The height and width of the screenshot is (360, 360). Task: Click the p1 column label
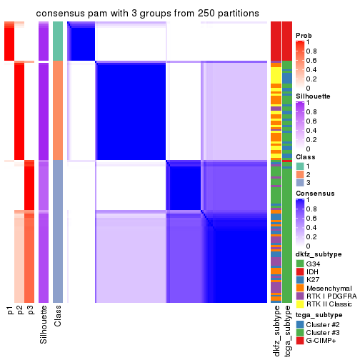click(10, 312)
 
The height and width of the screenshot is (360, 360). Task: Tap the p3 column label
click(30, 312)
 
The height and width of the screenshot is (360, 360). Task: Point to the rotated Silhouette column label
click(44, 322)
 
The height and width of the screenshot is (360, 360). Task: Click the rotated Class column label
click(58, 316)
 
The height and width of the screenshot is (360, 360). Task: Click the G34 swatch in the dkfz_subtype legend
click(300, 264)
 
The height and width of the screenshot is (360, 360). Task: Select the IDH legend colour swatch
click(300, 273)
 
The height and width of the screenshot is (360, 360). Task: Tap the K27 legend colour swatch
click(300, 282)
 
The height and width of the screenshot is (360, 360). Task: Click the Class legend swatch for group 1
click(300, 166)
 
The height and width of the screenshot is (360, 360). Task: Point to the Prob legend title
click(304, 35)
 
